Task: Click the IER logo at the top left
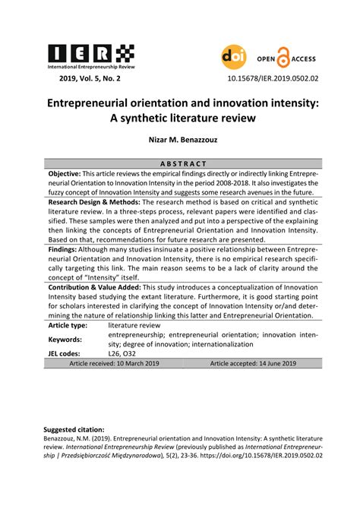(91, 55)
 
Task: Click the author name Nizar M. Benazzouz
(181, 139)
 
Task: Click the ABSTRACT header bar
(183, 163)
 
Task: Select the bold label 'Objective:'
(65, 173)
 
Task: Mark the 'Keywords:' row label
(65, 339)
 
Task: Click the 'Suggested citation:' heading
(74, 429)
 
